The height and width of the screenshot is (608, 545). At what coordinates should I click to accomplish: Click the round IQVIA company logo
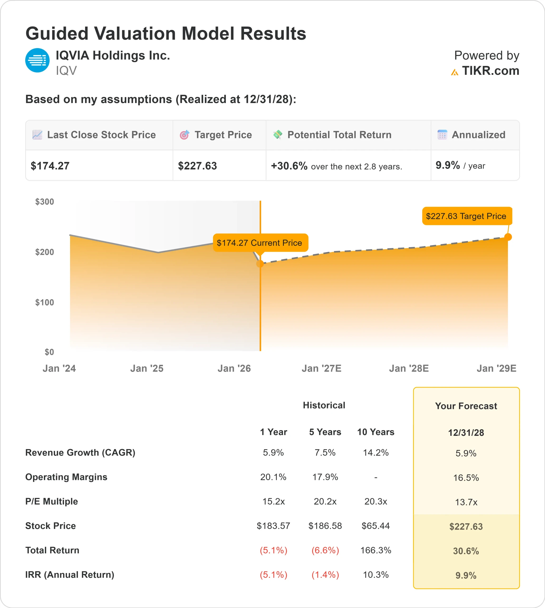[x=37, y=60]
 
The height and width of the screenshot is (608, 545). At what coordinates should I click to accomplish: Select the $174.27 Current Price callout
[x=260, y=243]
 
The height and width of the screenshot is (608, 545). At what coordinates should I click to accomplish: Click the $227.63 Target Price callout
[x=467, y=216]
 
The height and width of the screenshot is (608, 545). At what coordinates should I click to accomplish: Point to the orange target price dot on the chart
[x=508, y=237]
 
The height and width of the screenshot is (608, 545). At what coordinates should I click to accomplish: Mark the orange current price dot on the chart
[x=260, y=264]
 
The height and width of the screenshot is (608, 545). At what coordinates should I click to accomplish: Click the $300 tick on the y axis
[x=45, y=202]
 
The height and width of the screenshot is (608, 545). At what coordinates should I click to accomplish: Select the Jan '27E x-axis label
[x=321, y=368]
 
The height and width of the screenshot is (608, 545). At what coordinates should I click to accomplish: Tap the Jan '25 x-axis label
[x=147, y=368]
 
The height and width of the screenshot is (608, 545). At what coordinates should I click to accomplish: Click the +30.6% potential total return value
[x=289, y=166]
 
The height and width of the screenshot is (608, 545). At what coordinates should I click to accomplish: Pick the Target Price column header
[x=223, y=135]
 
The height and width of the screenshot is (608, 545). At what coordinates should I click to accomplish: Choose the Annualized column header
[x=478, y=135]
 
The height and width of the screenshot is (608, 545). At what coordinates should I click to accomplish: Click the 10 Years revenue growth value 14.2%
[x=376, y=452]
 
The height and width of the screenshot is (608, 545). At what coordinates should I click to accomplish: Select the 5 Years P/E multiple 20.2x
[x=325, y=501]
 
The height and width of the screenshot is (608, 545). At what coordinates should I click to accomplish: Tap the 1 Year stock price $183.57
[x=273, y=526]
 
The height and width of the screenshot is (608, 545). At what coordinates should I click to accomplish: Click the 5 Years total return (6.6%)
[x=325, y=550]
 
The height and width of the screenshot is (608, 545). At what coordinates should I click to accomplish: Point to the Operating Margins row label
[x=66, y=477]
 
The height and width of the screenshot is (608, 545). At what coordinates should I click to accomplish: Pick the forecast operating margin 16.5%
[x=466, y=478]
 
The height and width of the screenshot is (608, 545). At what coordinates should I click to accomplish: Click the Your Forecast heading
[x=466, y=406]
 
